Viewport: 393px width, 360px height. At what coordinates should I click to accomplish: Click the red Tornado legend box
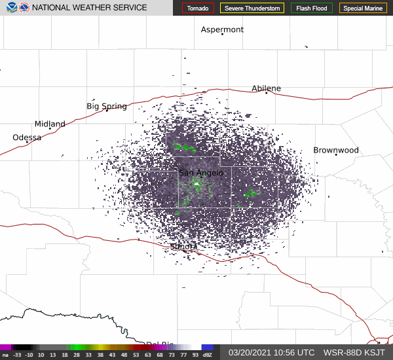coord(198,8)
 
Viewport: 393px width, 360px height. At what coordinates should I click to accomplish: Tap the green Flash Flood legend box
coord(311,8)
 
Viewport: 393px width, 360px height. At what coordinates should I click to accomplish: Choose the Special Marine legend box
coord(363,8)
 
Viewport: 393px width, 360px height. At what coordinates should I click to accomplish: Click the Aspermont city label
coord(222,29)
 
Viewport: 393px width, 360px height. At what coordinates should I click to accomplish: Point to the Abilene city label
coord(266,88)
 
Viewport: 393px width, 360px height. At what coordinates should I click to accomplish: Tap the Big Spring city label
coord(106,106)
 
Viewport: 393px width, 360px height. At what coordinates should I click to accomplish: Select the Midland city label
coord(50,124)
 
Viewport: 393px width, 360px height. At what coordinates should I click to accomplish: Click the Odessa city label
coord(27,137)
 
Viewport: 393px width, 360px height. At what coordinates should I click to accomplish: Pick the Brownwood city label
coord(335,150)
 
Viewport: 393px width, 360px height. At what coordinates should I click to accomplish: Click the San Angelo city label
coord(201,172)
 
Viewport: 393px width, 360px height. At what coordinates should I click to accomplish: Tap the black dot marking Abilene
coord(267,93)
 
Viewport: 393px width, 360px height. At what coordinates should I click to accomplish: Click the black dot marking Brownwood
coord(336,154)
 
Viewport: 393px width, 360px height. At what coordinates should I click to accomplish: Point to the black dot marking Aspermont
coord(222,34)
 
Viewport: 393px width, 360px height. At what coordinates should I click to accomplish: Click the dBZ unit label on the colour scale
coord(208,355)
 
